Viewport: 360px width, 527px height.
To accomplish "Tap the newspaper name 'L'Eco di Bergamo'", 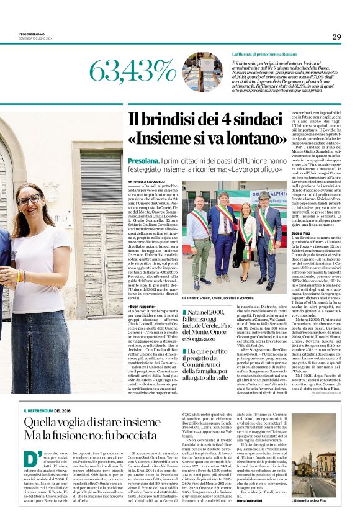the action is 30,34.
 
